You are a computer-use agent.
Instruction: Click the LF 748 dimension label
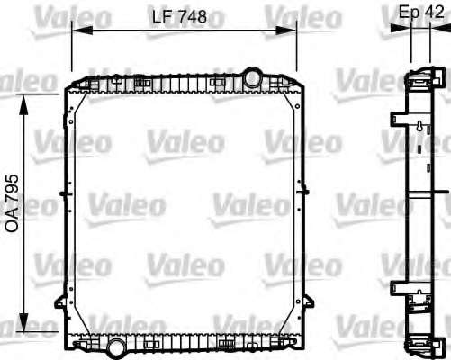(x=179, y=17)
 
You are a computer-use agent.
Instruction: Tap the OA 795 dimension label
(x=12, y=203)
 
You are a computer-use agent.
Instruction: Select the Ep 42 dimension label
(x=421, y=12)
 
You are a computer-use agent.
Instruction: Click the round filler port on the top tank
(x=252, y=77)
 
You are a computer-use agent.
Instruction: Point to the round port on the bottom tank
(x=116, y=348)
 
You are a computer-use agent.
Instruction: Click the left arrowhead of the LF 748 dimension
(x=83, y=31)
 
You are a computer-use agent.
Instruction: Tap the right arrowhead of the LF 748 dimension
(x=286, y=31)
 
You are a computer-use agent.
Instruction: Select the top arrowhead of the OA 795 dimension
(x=23, y=104)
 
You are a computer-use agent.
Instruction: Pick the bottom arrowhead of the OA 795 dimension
(x=23, y=322)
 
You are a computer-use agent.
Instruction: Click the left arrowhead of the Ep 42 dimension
(x=401, y=28)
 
